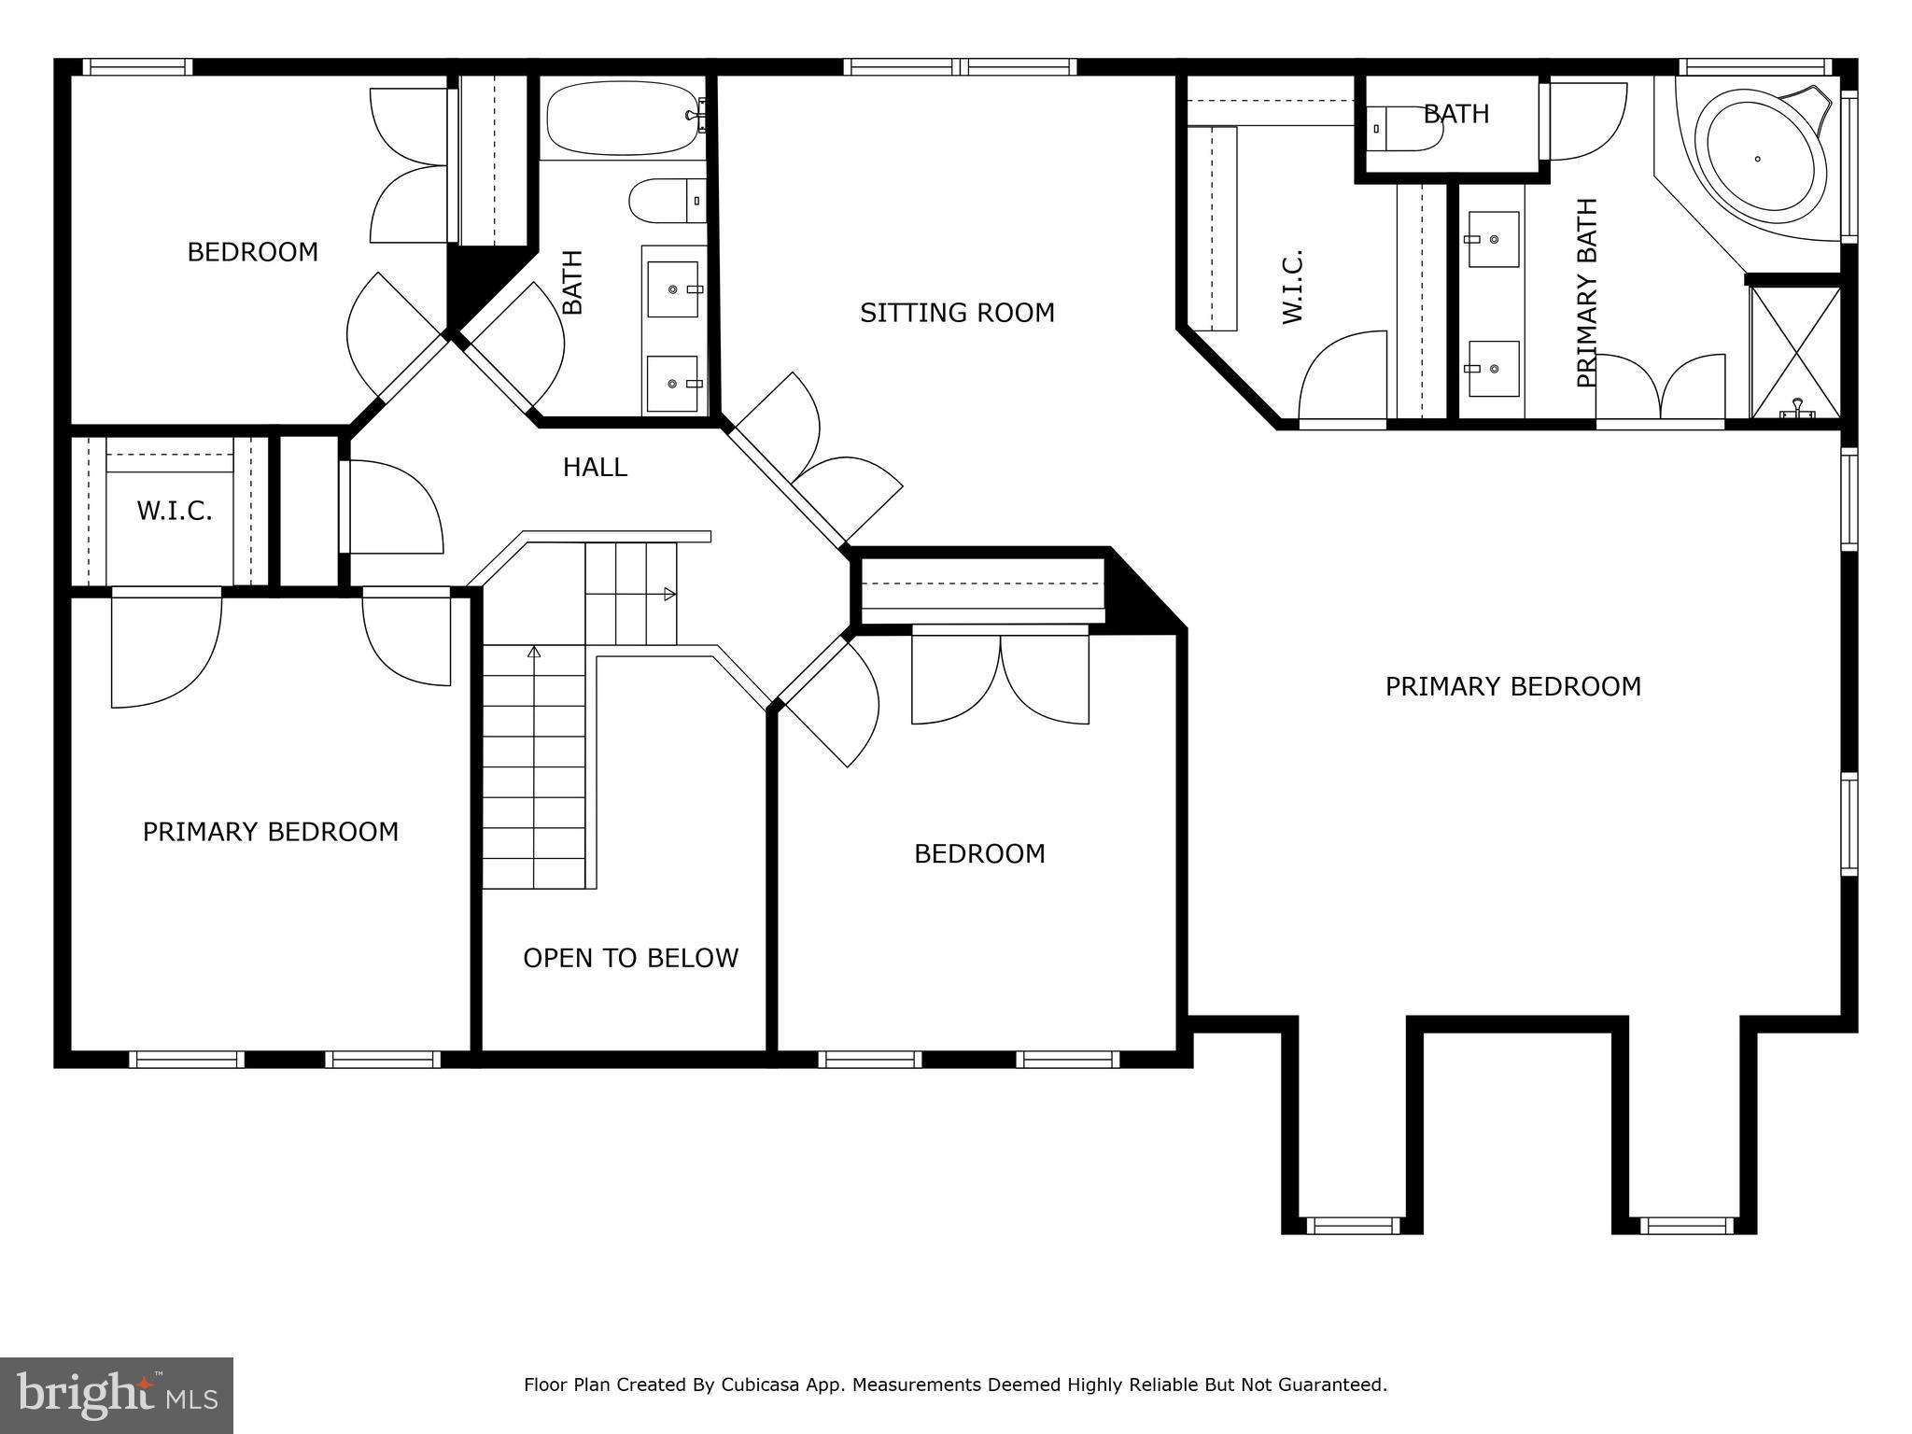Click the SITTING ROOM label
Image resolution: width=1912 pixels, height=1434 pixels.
tap(957, 313)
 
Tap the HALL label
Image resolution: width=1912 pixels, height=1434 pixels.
tap(595, 467)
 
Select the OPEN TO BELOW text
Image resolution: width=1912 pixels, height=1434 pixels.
tap(630, 958)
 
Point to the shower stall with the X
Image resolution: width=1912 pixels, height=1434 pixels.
tap(1795, 352)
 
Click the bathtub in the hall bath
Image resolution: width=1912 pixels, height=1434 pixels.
tap(624, 119)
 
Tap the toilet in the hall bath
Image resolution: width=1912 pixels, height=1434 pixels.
tap(667, 201)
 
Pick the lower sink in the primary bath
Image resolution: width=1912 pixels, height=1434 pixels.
tap(1493, 369)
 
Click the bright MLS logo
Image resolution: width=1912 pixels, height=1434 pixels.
tap(117, 1396)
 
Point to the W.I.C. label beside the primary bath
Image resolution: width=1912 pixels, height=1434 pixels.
tap(1293, 287)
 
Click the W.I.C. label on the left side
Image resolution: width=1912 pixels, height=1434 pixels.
tap(175, 511)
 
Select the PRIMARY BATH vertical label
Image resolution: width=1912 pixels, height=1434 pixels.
tap(1587, 292)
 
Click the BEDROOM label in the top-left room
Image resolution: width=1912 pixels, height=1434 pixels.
tap(252, 252)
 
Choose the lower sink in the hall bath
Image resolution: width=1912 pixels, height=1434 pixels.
tap(673, 383)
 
